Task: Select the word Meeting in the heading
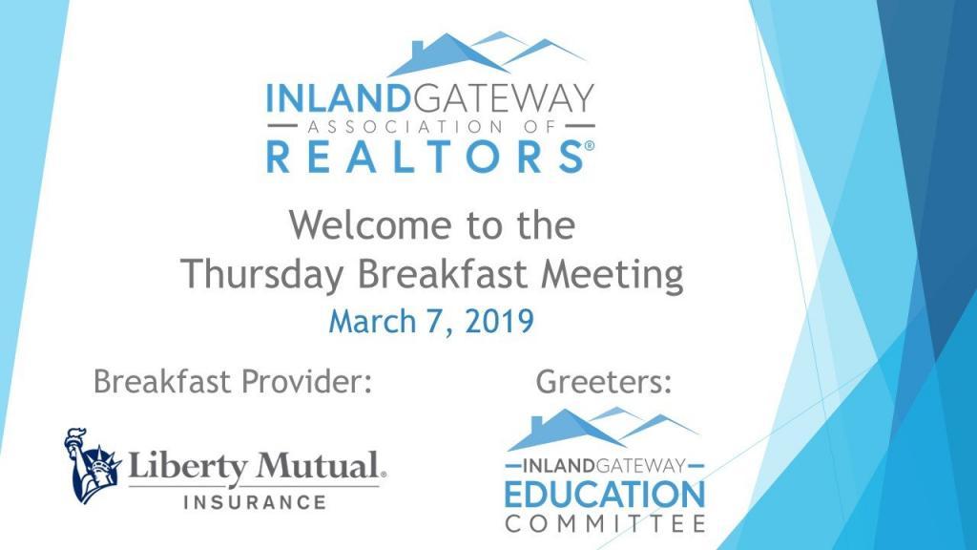[612, 275]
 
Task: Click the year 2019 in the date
[499, 321]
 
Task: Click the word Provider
[306, 381]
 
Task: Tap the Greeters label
[604, 382]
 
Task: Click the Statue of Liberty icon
[93, 465]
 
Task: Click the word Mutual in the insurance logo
[319, 466]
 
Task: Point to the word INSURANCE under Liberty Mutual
[255, 502]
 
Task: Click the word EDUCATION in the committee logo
[604, 495]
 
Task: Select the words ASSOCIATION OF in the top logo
[430, 127]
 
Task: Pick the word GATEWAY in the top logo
[502, 98]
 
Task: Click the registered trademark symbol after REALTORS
[590, 146]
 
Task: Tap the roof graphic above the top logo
[487, 54]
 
